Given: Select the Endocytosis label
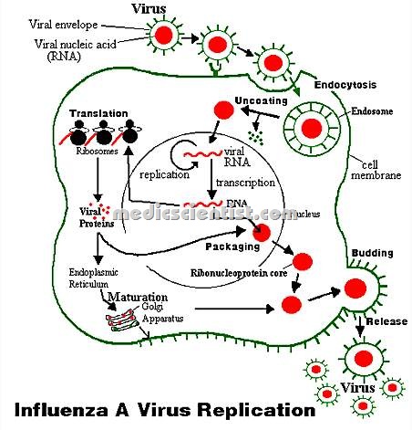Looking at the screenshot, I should [342, 85].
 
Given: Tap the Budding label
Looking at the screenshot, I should [370, 253].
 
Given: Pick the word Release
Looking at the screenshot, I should [386, 321].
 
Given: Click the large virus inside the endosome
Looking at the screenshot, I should [312, 128].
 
